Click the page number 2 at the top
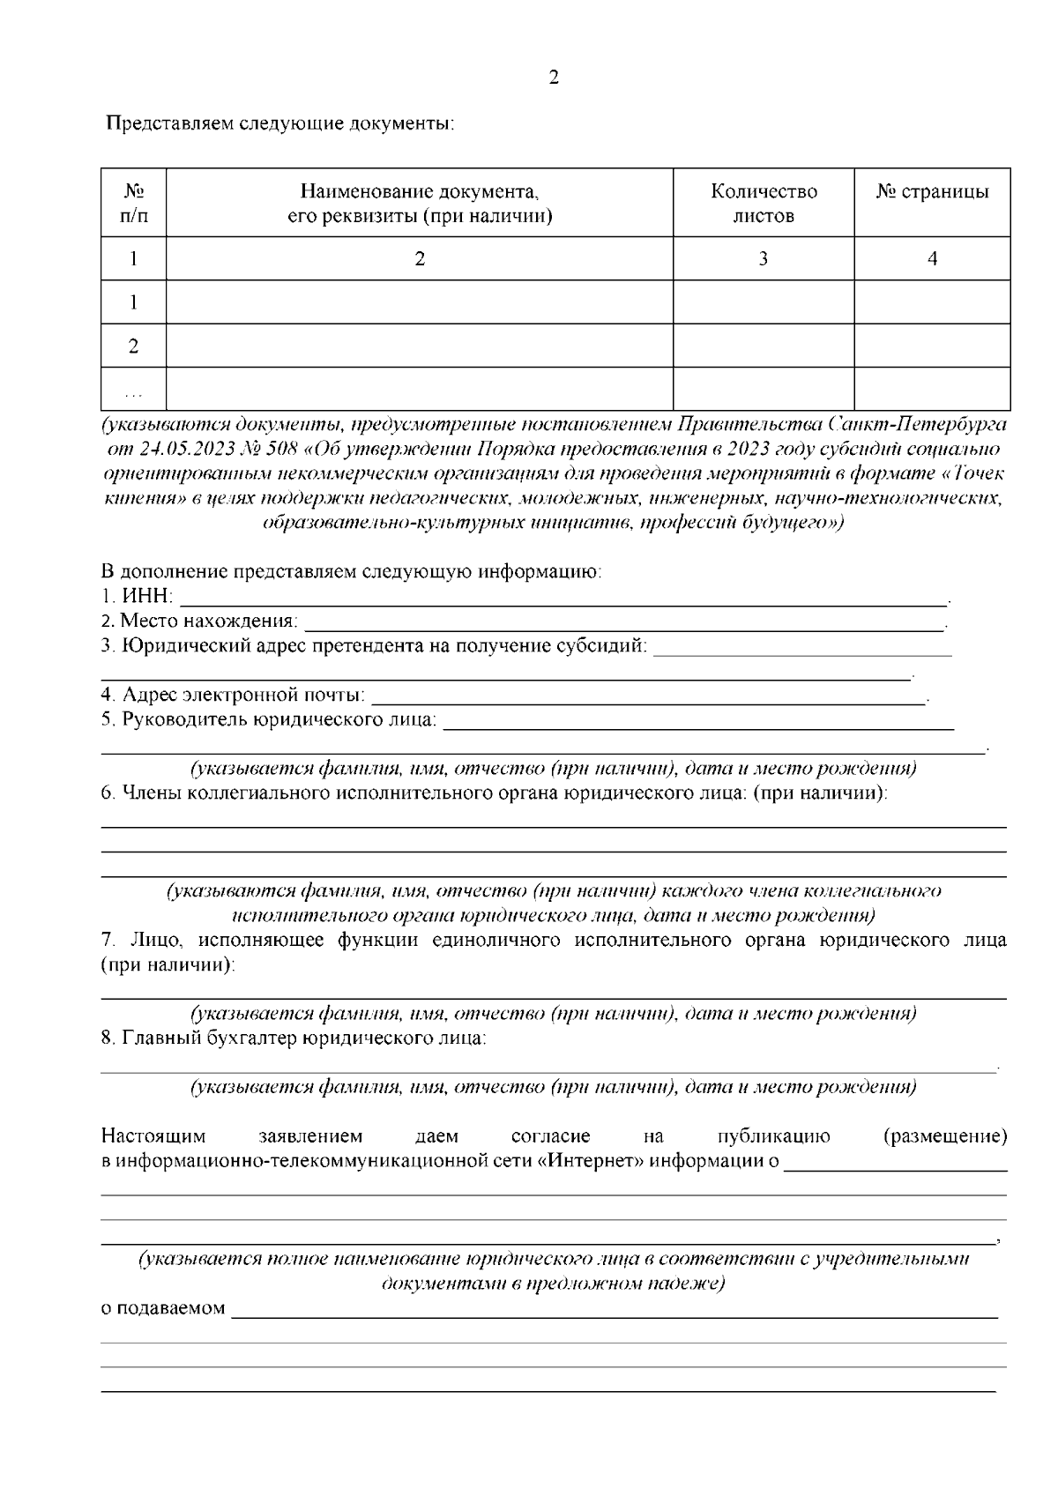[553, 78]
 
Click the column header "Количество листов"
[764, 204]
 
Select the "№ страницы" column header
[932, 192]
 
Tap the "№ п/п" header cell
[133, 204]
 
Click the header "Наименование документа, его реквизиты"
[420, 204]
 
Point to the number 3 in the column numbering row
[764, 258]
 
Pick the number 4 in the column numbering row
[932, 258]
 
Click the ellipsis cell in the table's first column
[133, 389]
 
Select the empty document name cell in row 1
[420, 302]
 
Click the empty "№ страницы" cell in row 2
[932, 346]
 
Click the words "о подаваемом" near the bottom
[163, 1308]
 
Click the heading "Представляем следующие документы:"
[280, 123]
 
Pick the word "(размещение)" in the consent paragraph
[944, 1136]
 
